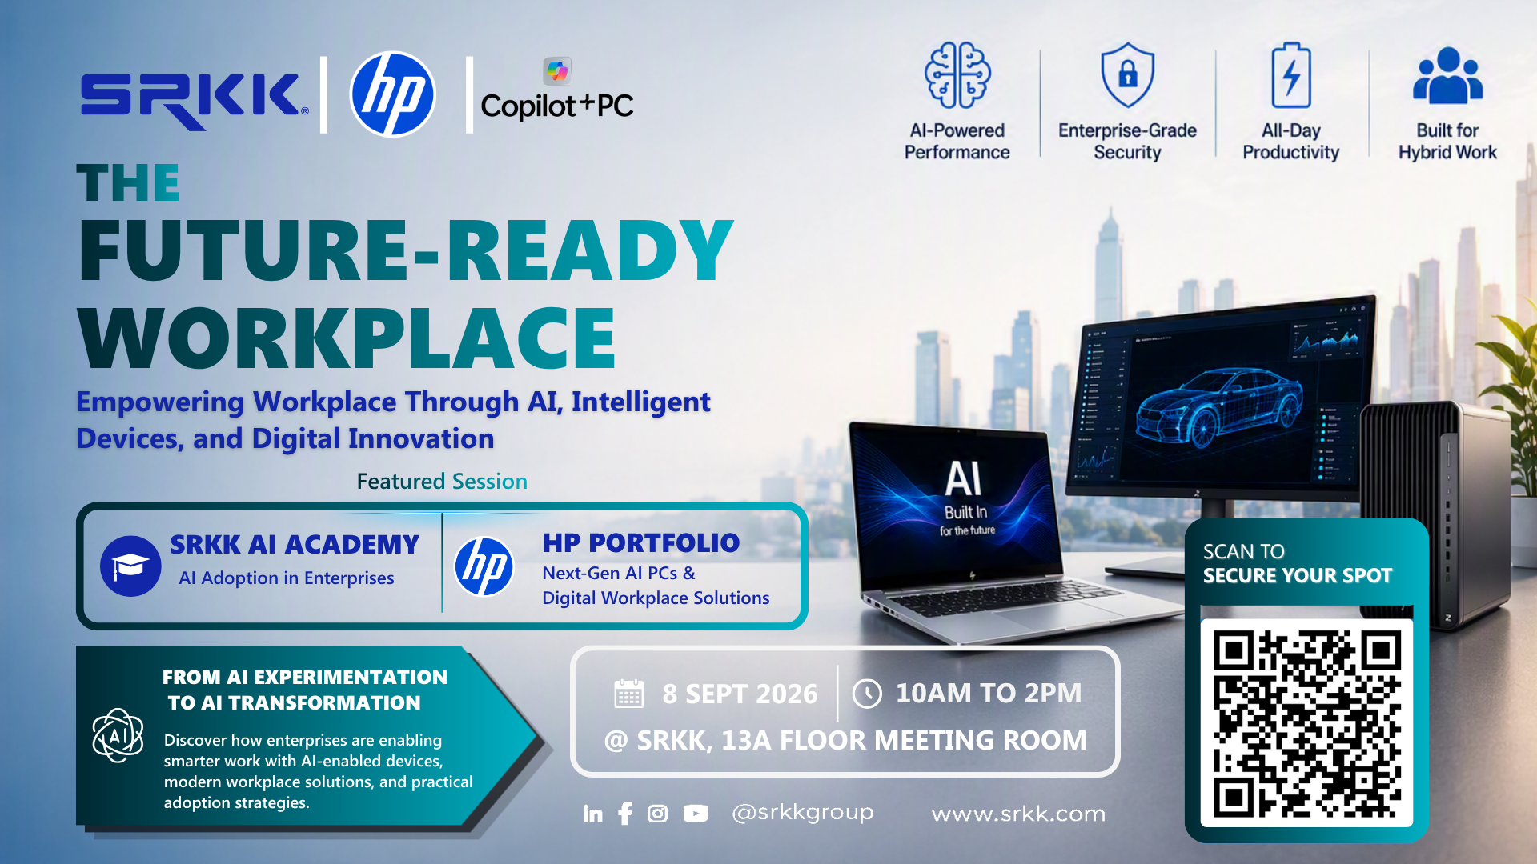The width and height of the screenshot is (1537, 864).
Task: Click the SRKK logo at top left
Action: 194,99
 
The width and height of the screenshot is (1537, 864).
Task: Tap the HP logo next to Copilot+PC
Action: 392,94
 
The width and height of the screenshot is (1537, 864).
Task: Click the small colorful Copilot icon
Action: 557,71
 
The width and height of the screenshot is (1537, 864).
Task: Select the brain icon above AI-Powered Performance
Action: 957,75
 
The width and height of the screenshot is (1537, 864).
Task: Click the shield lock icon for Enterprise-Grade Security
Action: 1127,75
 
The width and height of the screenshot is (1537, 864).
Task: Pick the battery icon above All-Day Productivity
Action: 1291,75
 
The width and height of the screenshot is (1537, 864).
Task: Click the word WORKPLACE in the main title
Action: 347,338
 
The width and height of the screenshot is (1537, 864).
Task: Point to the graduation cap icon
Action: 130,566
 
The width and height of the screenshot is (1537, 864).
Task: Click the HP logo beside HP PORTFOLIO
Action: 484,566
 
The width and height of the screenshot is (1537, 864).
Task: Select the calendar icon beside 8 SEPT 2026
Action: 628,693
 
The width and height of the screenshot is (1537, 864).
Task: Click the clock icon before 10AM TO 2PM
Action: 867,694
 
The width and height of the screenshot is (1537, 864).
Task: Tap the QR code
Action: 1306,723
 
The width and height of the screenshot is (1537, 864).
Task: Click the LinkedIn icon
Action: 592,814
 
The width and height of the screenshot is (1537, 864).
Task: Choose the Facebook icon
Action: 625,814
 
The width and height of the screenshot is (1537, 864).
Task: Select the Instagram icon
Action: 657,814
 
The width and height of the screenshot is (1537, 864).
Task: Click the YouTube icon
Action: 696,814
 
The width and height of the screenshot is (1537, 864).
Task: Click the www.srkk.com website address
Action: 1018,814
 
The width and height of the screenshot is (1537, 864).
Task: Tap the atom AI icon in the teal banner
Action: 118,735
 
